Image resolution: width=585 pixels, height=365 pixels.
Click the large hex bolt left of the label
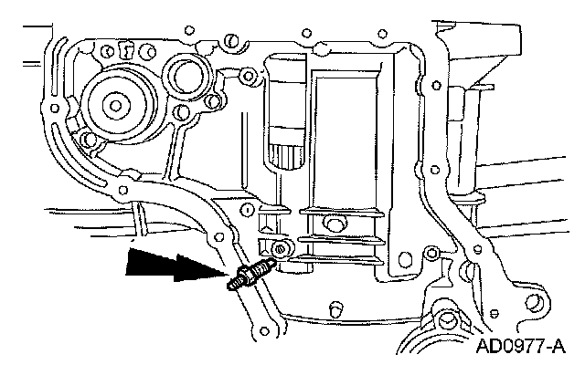[x=450, y=321]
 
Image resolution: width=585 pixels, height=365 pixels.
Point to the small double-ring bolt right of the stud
[x=278, y=248]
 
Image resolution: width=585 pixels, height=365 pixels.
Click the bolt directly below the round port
[x=190, y=115]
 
